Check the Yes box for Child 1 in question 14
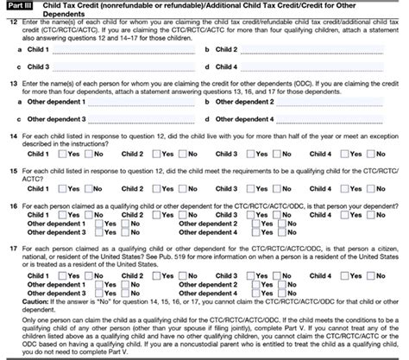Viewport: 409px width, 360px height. (x=67, y=154)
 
